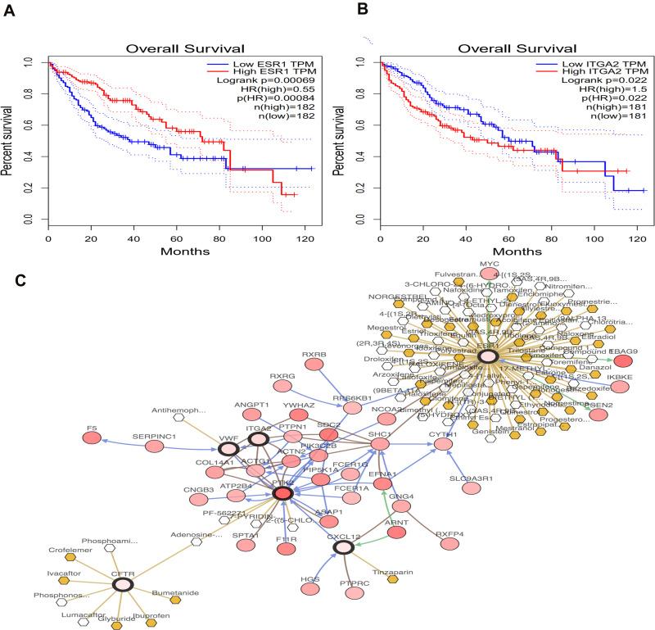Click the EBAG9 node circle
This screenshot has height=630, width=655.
(x=624, y=361)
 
